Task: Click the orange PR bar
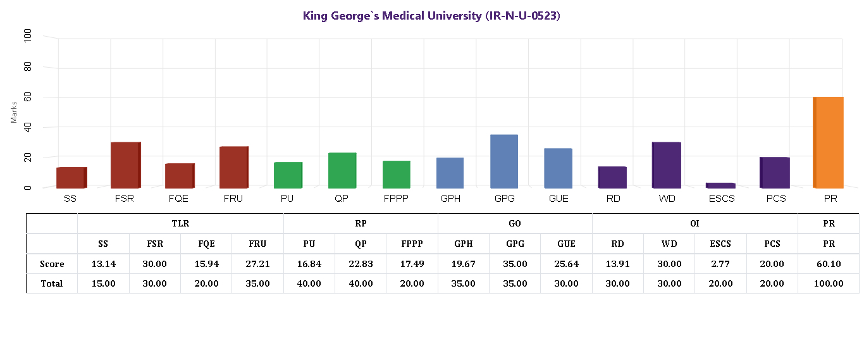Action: [828, 142]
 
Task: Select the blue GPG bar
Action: [504, 161]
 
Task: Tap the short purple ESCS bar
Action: [720, 185]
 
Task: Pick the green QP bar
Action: [342, 170]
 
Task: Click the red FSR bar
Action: [125, 165]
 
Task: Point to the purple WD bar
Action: [667, 165]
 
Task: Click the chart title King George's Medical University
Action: [431, 16]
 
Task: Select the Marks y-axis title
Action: [14, 112]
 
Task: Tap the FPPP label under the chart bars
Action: [396, 199]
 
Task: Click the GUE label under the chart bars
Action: [558, 199]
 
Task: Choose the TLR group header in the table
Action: [180, 223]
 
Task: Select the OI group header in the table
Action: [694, 223]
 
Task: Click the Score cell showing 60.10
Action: [828, 264]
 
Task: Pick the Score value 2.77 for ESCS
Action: [720, 264]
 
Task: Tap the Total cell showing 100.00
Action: [828, 283]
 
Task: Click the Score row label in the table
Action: [52, 264]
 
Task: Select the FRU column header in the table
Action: [257, 244]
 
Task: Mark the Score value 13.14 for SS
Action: [103, 264]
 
